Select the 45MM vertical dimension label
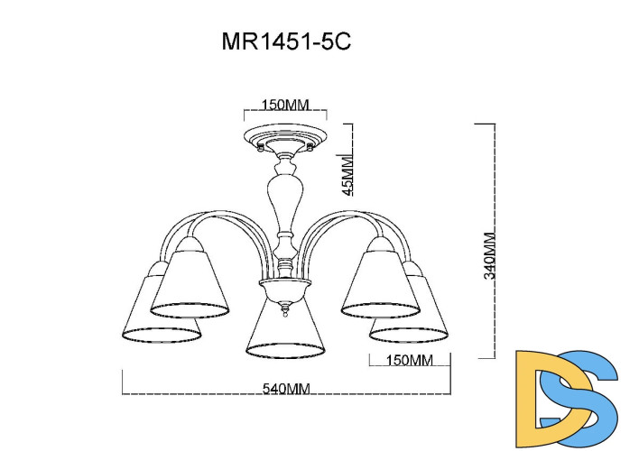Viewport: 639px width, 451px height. pos(347,174)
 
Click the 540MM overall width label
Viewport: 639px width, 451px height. pos(286,389)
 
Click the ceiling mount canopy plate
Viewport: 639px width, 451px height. pos(285,138)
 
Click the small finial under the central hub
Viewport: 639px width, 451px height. pos(285,311)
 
